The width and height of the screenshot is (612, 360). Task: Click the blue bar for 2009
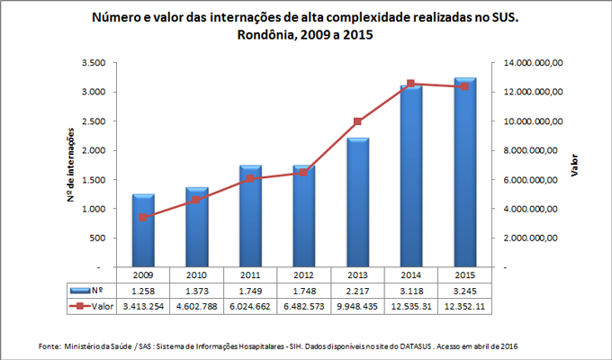[x=143, y=231]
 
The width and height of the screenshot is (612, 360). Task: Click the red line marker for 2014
[x=411, y=84]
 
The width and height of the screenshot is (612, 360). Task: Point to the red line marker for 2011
[x=250, y=179]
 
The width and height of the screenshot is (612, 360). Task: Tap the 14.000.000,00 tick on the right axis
[x=528, y=63]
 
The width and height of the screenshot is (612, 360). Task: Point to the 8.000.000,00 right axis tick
[x=531, y=150]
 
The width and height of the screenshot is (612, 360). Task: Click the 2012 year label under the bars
[x=304, y=275]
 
